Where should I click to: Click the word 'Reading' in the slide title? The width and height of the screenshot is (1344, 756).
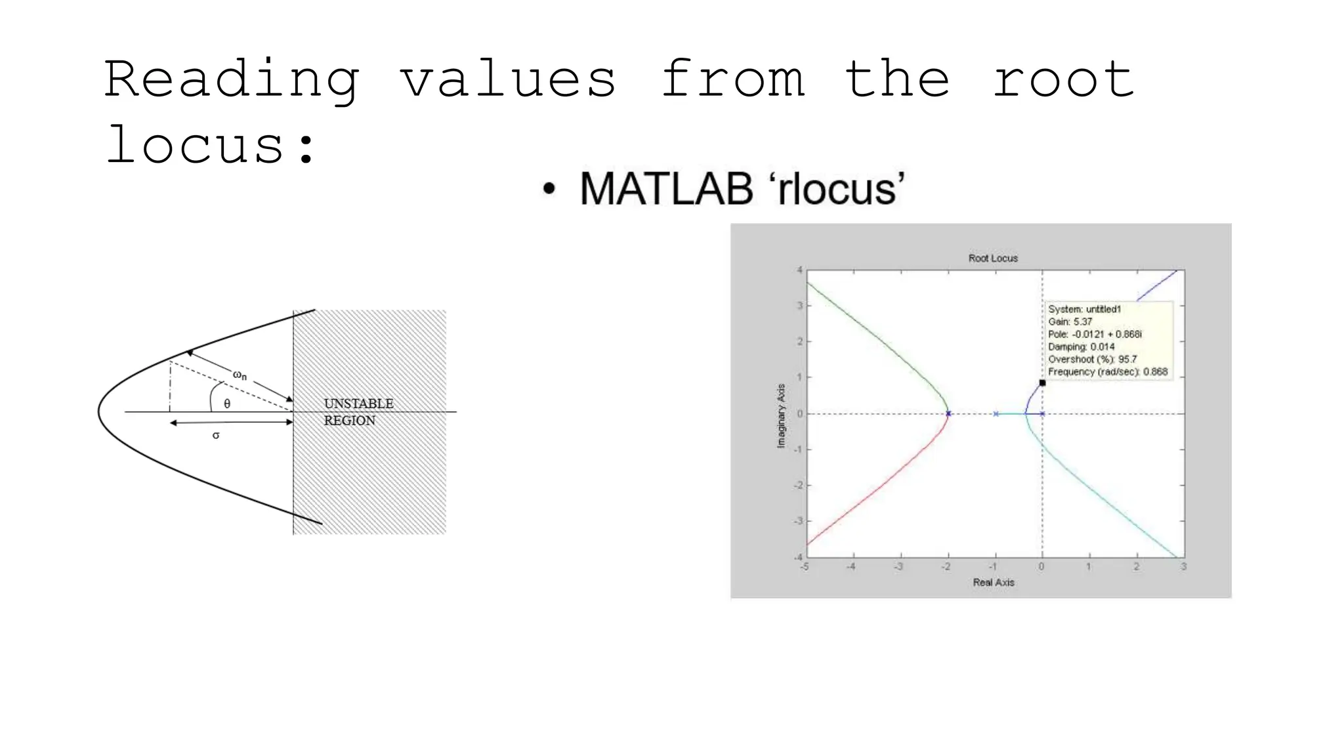(x=232, y=80)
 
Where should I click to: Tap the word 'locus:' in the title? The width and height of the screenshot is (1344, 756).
(x=211, y=145)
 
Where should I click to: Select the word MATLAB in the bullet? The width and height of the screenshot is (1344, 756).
(x=666, y=189)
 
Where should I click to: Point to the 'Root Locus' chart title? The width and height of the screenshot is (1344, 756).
(x=993, y=259)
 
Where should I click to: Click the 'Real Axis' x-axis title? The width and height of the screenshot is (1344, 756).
(x=994, y=582)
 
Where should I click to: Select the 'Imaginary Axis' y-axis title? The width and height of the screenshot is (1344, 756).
(x=781, y=416)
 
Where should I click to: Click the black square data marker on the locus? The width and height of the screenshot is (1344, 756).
(x=1042, y=383)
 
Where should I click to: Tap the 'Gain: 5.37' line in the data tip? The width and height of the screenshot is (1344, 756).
(x=1070, y=322)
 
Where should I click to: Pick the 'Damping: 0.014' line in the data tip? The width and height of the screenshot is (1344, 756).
(x=1081, y=346)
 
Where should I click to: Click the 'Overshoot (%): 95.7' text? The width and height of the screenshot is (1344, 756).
(x=1093, y=359)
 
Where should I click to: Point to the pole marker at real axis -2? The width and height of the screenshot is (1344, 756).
(x=948, y=413)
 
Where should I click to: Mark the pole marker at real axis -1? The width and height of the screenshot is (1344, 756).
(x=996, y=413)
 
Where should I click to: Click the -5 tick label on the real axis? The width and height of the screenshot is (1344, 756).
(x=805, y=566)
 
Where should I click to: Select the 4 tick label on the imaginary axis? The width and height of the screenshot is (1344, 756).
(x=800, y=270)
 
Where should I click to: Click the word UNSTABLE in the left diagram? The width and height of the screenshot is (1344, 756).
(x=358, y=404)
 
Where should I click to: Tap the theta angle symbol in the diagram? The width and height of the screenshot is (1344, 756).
(x=227, y=404)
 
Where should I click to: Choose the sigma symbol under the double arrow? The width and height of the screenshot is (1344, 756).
(x=216, y=435)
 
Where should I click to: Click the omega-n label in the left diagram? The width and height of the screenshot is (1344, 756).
(x=240, y=375)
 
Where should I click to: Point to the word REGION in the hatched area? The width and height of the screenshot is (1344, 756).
(x=349, y=421)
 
